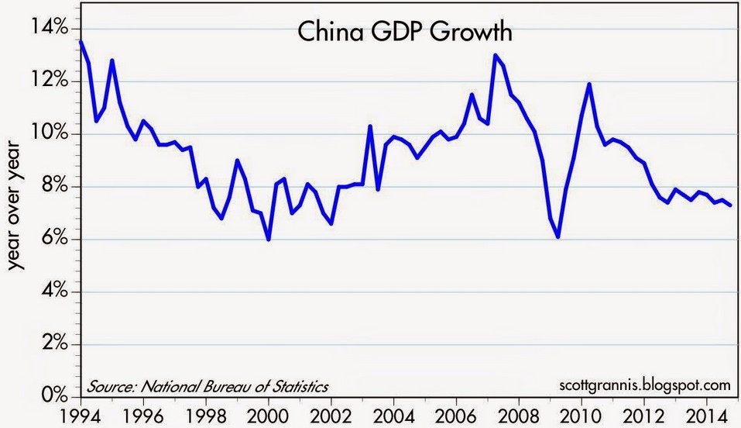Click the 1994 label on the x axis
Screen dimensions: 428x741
point(81,412)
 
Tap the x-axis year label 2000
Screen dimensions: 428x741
point(269,412)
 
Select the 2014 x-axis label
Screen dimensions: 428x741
point(707,412)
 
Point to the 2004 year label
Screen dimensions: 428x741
point(393,412)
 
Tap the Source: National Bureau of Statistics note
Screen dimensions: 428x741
point(208,385)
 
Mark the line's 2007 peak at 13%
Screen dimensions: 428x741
point(495,55)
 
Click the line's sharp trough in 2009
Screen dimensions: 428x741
point(557,236)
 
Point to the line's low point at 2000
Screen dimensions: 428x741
point(269,240)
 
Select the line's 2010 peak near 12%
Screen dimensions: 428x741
point(589,84)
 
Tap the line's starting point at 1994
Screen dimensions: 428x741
point(81,42)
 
